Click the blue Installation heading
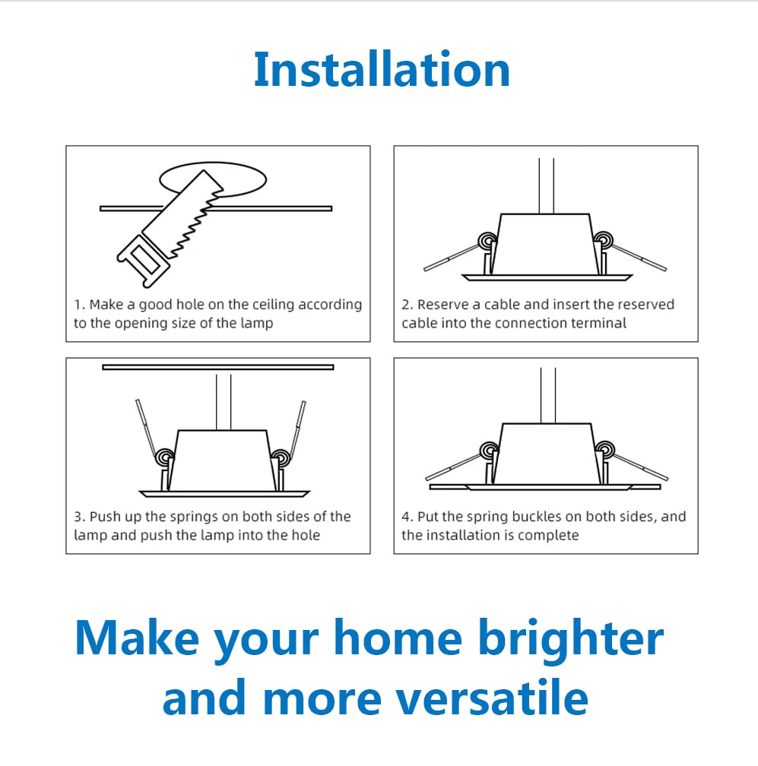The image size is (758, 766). tap(382, 69)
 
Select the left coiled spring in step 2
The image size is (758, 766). tap(487, 240)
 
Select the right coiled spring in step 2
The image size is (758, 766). tap(604, 240)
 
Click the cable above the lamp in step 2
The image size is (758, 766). tap(547, 185)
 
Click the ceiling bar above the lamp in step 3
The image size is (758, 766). tap(218, 367)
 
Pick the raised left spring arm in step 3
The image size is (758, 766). tap(147, 427)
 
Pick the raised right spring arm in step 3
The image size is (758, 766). tap(297, 428)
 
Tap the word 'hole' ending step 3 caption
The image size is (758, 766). tap(306, 535)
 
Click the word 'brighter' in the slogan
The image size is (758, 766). tap(570, 638)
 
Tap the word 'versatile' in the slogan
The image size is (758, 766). tap(491, 698)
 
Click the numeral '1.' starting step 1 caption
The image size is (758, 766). tap(80, 305)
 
